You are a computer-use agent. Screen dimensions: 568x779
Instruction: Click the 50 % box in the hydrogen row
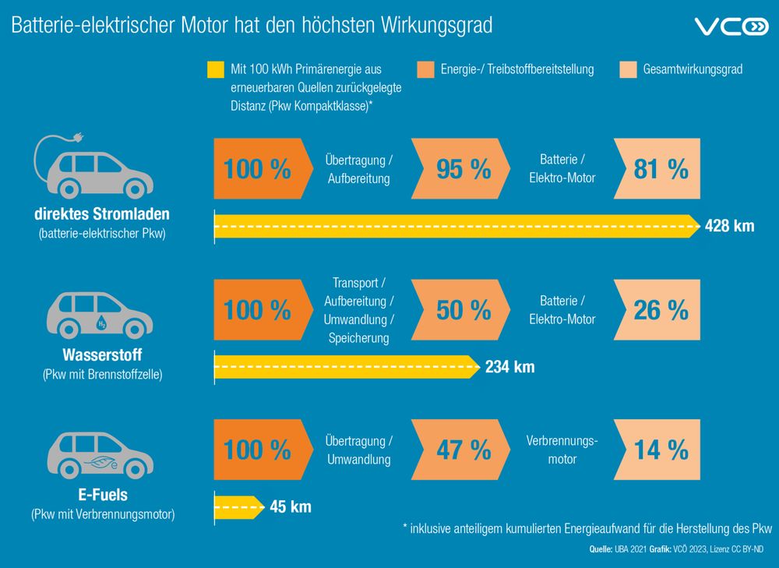(x=463, y=309)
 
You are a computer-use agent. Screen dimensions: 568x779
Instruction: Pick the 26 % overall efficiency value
(x=661, y=309)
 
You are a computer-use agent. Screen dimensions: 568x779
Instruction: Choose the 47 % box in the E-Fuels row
(x=463, y=450)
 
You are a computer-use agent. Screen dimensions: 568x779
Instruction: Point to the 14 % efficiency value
(x=661, y=450)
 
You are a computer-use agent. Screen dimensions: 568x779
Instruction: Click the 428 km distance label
(x=729, y=227)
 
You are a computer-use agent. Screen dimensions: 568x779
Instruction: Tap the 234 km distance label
(x=509, y=367)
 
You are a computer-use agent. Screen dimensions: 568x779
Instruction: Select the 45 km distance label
(x=290, y=507)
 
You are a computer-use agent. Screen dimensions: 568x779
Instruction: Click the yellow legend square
(x=215, y=69)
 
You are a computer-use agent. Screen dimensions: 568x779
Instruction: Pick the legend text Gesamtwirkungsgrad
(x=693, y=69)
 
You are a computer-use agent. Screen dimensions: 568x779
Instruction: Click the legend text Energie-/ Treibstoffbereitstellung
(x=516, y=69)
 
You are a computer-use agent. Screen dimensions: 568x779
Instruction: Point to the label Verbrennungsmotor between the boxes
(x=562, y=450)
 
